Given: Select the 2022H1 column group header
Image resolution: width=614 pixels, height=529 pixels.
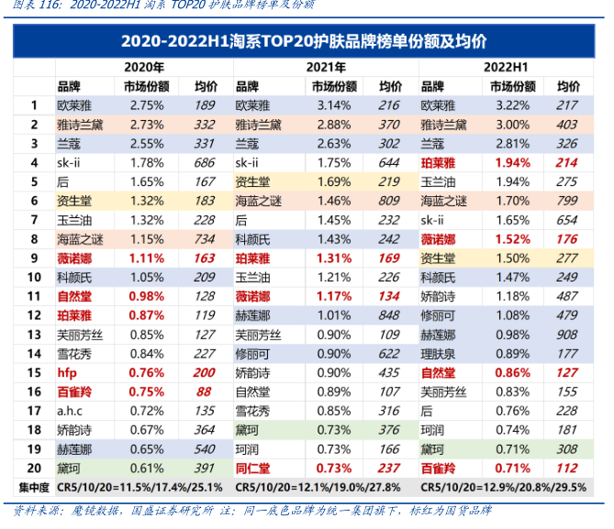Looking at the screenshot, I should [506, 67].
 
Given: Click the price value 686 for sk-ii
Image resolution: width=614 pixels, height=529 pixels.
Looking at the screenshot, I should [205, 162].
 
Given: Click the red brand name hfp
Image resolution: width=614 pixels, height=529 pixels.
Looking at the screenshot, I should [67, 373].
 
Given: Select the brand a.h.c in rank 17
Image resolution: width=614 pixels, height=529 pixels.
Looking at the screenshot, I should [72, 412].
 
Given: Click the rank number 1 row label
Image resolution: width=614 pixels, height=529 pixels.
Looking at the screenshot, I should [33, 105].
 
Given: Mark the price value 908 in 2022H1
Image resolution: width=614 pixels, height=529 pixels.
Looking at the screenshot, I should [566, 335].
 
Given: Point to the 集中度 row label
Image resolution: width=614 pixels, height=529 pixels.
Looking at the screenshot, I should [33, 487].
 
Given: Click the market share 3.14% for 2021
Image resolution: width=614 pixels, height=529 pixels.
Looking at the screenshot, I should [334, 105].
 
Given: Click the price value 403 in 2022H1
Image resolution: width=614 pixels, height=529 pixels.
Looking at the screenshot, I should [566, 125].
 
